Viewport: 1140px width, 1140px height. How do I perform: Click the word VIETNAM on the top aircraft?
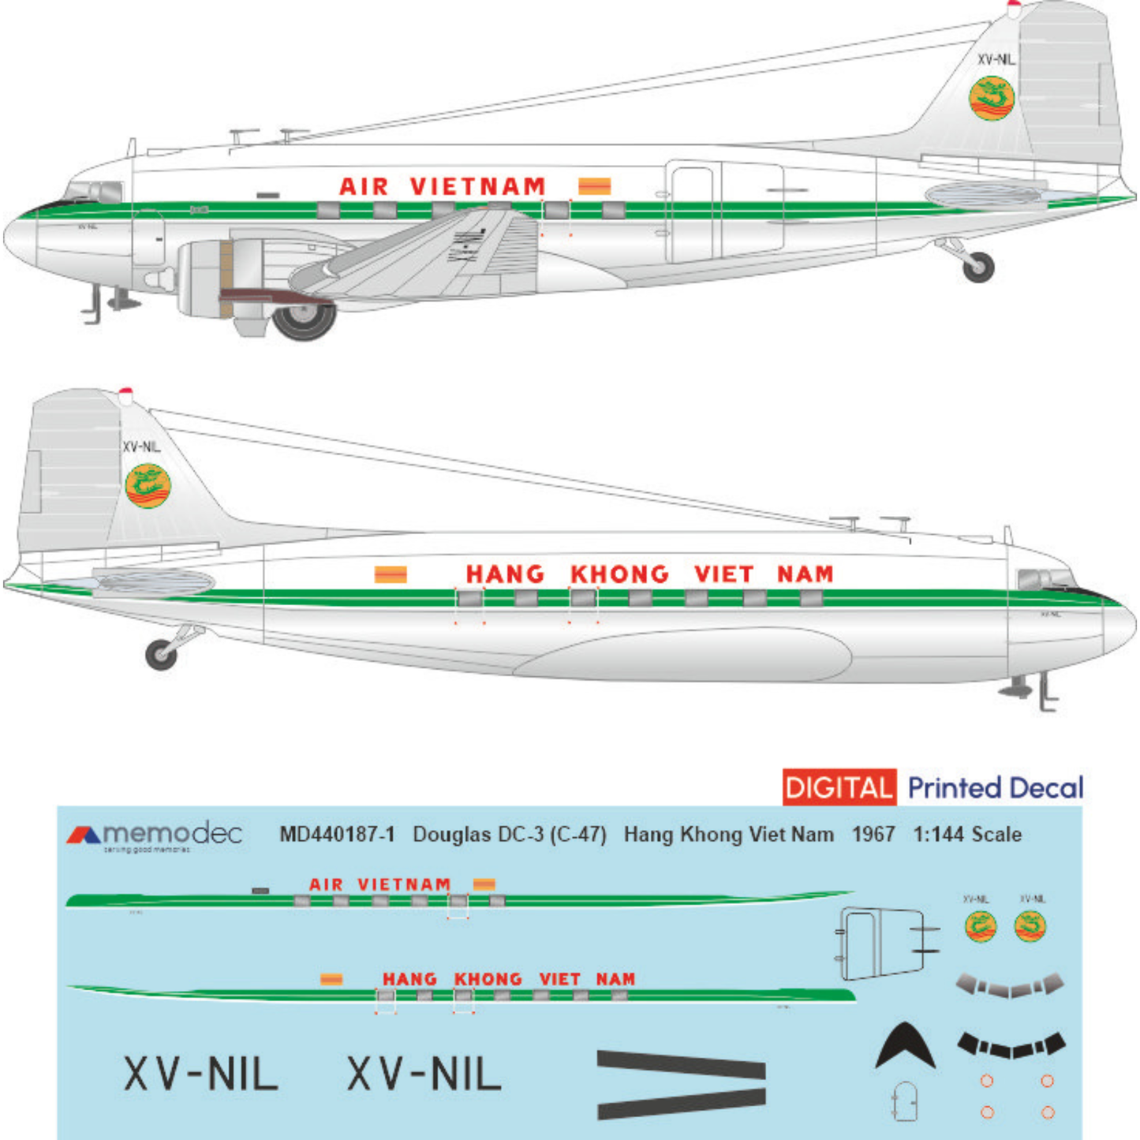click(477, 187)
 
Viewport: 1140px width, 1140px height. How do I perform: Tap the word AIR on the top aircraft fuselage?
click(364, 187)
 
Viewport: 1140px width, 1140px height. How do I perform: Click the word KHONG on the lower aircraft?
click(619, 574)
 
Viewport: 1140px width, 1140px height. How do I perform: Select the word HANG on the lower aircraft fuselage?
click(505, 574)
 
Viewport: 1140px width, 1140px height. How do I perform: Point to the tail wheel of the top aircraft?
click(978, 267)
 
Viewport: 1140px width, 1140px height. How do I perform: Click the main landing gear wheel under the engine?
click(305, 319)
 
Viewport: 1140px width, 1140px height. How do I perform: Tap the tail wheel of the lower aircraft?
click(162, 655)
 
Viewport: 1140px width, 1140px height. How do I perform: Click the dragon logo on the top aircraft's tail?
click(991, 98)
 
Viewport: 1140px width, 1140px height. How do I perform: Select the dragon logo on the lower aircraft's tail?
click(148, 486)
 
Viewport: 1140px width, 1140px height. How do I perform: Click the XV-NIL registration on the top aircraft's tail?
click(996, 60)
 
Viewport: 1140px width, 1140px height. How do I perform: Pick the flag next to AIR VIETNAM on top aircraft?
click(594, 186)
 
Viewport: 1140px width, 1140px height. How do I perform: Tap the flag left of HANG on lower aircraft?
click(391, 574)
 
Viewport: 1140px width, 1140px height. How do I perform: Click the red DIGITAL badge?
click(839, 787)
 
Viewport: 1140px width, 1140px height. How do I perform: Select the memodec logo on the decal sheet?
click(155, 836)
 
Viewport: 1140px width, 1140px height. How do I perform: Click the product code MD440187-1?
click(337, 835)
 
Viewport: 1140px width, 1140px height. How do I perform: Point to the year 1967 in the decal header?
click(873, 835)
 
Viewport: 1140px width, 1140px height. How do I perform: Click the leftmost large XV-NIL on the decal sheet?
click(201, 1075)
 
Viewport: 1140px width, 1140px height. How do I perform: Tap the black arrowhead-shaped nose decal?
click(905, 1045)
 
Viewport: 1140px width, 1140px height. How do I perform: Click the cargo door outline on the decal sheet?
click(882, 944)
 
